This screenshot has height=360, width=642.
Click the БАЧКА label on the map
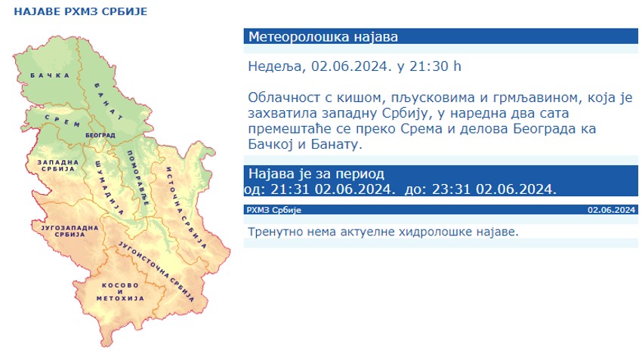coord(50,75)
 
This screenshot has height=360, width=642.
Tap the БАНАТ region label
coord(109,101)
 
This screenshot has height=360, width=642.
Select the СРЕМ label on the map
coord(62,121)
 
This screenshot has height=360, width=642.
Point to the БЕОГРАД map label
coord(100,135)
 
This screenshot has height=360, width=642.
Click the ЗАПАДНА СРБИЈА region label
coord(57,166)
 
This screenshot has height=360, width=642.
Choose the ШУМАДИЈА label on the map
coord(109,187)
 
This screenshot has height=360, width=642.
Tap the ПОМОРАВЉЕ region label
coord(138,178)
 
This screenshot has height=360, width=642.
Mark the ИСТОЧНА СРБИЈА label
coord(187,208)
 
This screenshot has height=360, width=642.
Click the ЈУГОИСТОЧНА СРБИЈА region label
coord(156,271)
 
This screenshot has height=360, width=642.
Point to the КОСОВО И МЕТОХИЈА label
coord(120,292)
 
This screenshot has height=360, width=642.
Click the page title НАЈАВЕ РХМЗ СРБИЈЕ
coord(81,11)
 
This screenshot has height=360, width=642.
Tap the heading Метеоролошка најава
coord(323,37)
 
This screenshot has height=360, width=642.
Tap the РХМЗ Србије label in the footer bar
coord(273,210)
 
